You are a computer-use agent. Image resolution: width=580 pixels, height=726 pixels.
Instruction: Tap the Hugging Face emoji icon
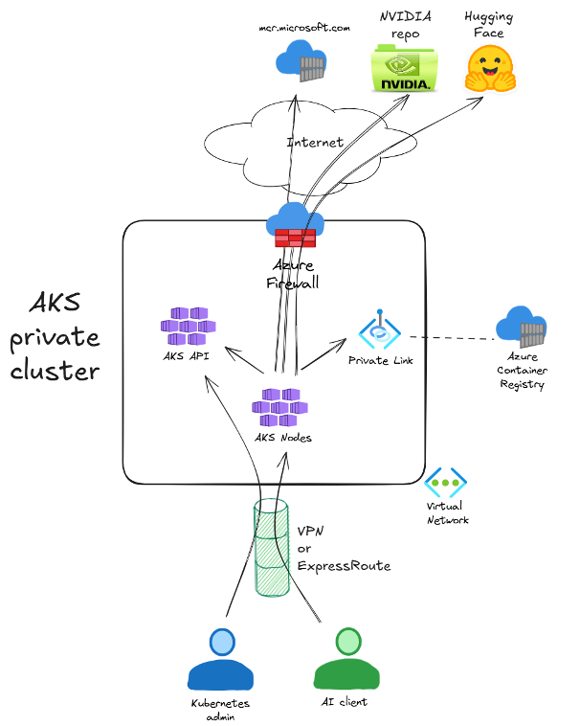pyautogui.click(x=490, y=70)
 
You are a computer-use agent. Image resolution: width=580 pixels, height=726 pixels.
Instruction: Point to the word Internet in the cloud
pyautogui.click(x=315, y=143)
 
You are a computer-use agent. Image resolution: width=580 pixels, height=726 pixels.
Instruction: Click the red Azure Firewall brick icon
pyautogui.click(x=296, y=238)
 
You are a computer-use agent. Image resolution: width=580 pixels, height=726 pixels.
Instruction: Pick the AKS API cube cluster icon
pyautogui.click(x=188, y=326)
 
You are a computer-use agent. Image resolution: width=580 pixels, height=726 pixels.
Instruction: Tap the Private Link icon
pyautogui.click(x=379, y=330)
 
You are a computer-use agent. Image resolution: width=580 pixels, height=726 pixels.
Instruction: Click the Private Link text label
pyautogui.click(x=380, y=361)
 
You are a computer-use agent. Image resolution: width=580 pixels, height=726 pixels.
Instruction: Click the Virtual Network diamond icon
pyautogui.click(x=445, y=482)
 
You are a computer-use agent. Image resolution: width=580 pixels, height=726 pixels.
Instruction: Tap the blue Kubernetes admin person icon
pyautogui.click(x=222, y=660)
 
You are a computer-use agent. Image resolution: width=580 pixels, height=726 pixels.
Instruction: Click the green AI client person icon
pyautogui.click(x=346, y=660)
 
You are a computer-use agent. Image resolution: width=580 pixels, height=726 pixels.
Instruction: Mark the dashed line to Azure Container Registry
pyautogui.click(x=450, y=337)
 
